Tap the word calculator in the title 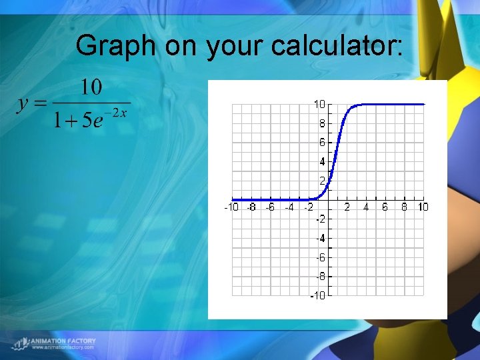(x=337, y=45)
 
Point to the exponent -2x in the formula (x=117, y=113)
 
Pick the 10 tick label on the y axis (x=319, y=104)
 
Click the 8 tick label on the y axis (x=322, y=123)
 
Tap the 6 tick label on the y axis (x=322, y=142)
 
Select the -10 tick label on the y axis (x=318, y=296)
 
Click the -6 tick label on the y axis (x=321, y=257)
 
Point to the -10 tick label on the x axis (x=231, y=207)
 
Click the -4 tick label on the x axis (x=289, y=207)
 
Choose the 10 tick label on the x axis (x=423, y=207)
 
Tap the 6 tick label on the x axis (x=385, y=207)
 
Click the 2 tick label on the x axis (x=347, y=207)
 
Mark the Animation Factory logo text (x=63, y=341)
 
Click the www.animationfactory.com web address (x=63, y=347)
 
